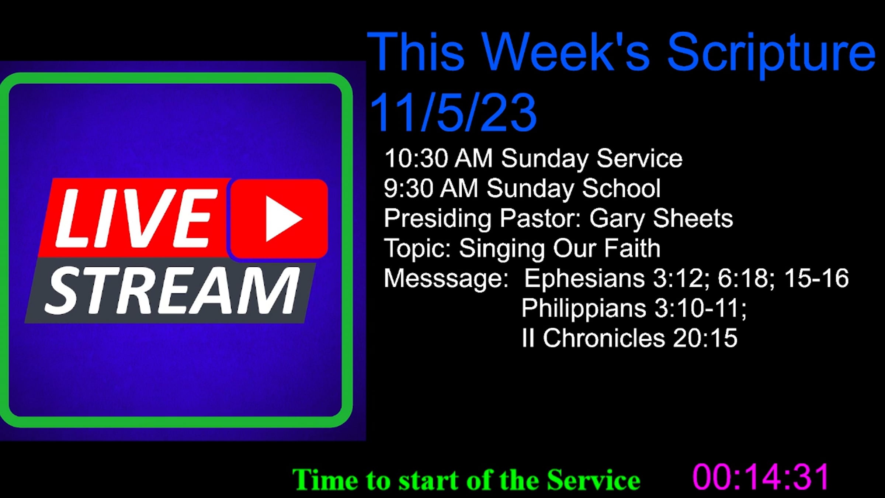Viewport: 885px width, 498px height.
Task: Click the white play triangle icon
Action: pos(282,219)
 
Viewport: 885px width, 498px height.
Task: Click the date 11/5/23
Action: pos(453,112)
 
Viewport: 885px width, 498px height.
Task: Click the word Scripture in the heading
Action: pos(771,54)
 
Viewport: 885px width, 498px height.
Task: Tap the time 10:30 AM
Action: pos(438,159)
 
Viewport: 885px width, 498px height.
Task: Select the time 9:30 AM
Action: pos(431,189)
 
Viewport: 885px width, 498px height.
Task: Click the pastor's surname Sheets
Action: pos(693,218)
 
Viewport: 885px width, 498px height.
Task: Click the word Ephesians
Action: pos(584,279)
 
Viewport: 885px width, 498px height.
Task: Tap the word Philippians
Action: pos(584,309)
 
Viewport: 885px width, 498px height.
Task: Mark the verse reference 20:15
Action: pos(705,338)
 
